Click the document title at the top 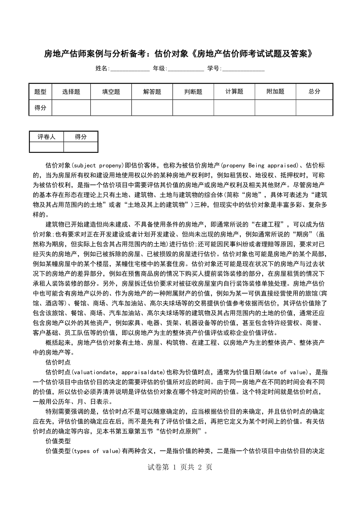tap(179, 54)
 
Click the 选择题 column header tap(71, 92)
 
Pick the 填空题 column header tap(111, 92)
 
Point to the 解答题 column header tap(152, 92)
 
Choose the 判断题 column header tap(193, 92)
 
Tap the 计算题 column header tap(234, 92)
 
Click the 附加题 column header tap(275, 92)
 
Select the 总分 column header tap(314, 92)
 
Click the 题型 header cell tap(40, 92)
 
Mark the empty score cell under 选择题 tap(71, 108)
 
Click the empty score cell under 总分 tap(314, 108)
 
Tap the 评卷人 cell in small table tap(47, 137)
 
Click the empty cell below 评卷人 tap(47, 147)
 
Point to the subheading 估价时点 tap(58, 362)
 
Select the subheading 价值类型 tap(58, 441)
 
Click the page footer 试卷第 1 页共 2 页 tap(180, 467)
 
